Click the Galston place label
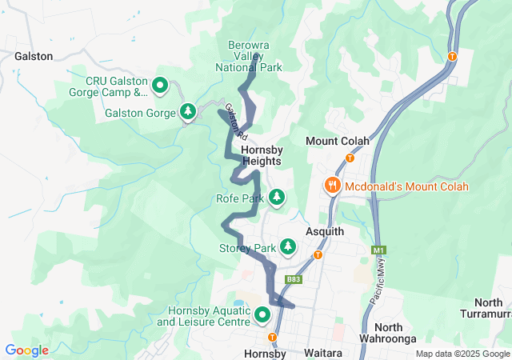tap(34, 57)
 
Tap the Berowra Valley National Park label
tap(250, 57)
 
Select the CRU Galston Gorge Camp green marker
tap(159, 84)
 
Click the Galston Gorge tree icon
tap(188, 112)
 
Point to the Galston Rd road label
tap(232, 119)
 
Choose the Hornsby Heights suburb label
tap(262, 155)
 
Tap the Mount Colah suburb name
tap(338, 142)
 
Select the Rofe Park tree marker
tap(277, 197)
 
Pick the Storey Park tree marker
tap(286, 247)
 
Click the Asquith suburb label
tap(325, 231)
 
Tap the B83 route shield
tap(294, 279)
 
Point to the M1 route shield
tap(379, 251)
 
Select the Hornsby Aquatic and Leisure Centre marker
tap(262, 316)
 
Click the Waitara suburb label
tap(324, 353)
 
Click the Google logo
tap(26, 350)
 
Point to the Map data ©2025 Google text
tap(462, 354)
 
